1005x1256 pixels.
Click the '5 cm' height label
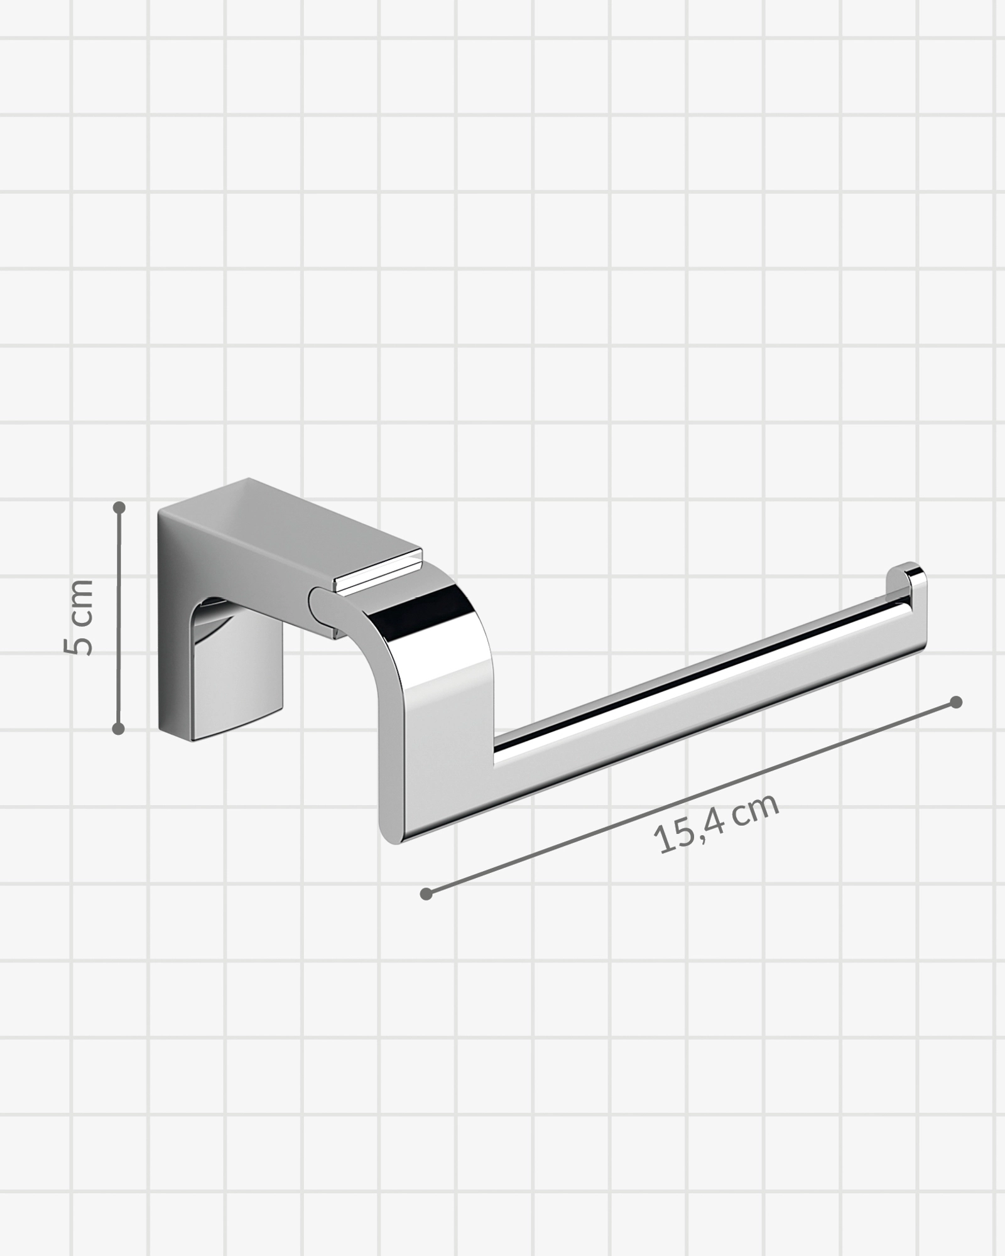80,617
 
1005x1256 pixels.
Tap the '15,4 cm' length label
717,823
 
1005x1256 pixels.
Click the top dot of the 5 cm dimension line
119,507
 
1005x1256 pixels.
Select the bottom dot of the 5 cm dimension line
119,728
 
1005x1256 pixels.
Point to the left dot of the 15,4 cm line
426,894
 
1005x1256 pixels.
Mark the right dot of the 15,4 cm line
956,702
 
